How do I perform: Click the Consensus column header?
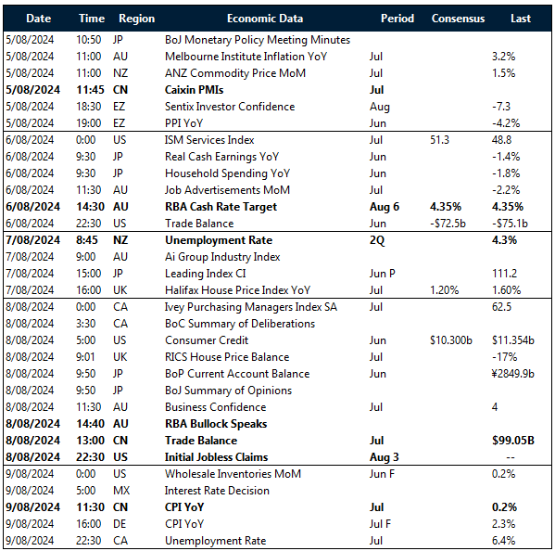(x=458, y=19)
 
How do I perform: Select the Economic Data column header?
(x=264, y=19)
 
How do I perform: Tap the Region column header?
(x=137, y=19)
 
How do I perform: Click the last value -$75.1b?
(x=509, y=224)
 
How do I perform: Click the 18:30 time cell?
(x=92, y=107)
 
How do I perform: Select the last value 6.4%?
(x=505, y=541)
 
